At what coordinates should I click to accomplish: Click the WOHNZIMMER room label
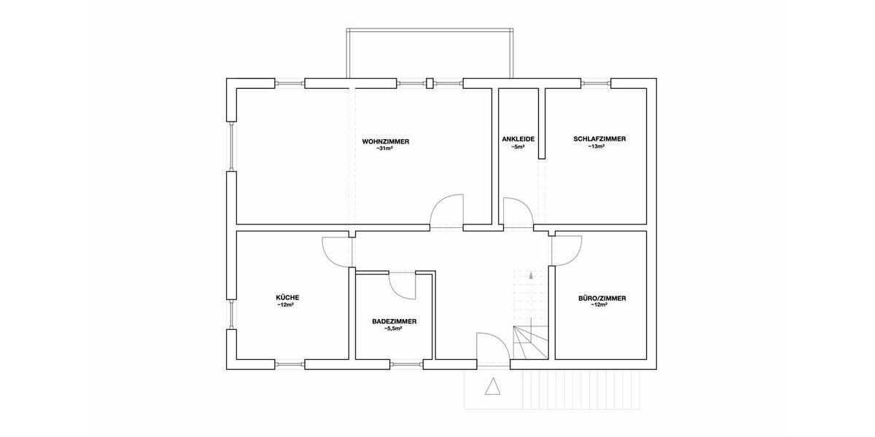(386, 141)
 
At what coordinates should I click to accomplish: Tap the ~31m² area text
(385, 149)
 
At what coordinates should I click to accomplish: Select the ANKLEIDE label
(518, 139)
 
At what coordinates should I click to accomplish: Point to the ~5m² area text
(518, 147)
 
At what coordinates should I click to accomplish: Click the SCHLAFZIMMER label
(599, 139)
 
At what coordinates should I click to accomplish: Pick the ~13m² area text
(599, 146)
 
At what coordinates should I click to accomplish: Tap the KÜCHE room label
(287, 297)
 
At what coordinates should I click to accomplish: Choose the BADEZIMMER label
(394, 321)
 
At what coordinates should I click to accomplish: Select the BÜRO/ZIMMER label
(602, 298)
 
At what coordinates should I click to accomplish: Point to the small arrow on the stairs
(532, 276)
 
